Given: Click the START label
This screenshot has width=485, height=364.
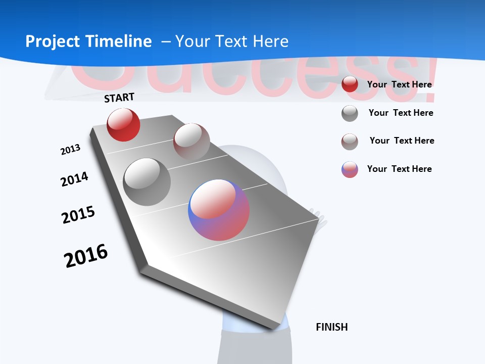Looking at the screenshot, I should coord(119,98).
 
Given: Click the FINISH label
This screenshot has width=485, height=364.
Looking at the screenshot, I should coord(332,327).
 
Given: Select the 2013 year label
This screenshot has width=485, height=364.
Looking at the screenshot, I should coord(70,150).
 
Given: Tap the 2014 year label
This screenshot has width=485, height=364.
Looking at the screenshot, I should coord(74,179).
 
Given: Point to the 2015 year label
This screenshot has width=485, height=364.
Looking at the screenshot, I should coord(78,215).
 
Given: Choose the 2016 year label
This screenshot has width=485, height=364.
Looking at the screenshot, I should coord(86,256).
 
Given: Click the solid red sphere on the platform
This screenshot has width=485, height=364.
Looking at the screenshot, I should coord(123,125).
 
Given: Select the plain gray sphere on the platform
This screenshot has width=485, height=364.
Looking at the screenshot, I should coord(147,182).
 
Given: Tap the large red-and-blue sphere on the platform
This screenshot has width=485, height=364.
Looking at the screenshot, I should coord(219,210).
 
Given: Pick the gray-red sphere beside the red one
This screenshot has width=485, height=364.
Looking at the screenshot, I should coord(191,142).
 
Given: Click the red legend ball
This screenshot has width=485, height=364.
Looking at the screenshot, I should coord(350,84).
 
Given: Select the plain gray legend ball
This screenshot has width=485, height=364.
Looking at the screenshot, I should coord(350,113).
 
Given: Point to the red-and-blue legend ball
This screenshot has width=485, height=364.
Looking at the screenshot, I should coord(350,169).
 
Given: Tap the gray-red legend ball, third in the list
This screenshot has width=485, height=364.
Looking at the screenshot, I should coord(350,142).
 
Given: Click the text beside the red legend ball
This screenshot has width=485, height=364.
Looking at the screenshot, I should coord(399,84).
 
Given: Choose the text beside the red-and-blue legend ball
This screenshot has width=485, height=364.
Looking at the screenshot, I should coord(399,169).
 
